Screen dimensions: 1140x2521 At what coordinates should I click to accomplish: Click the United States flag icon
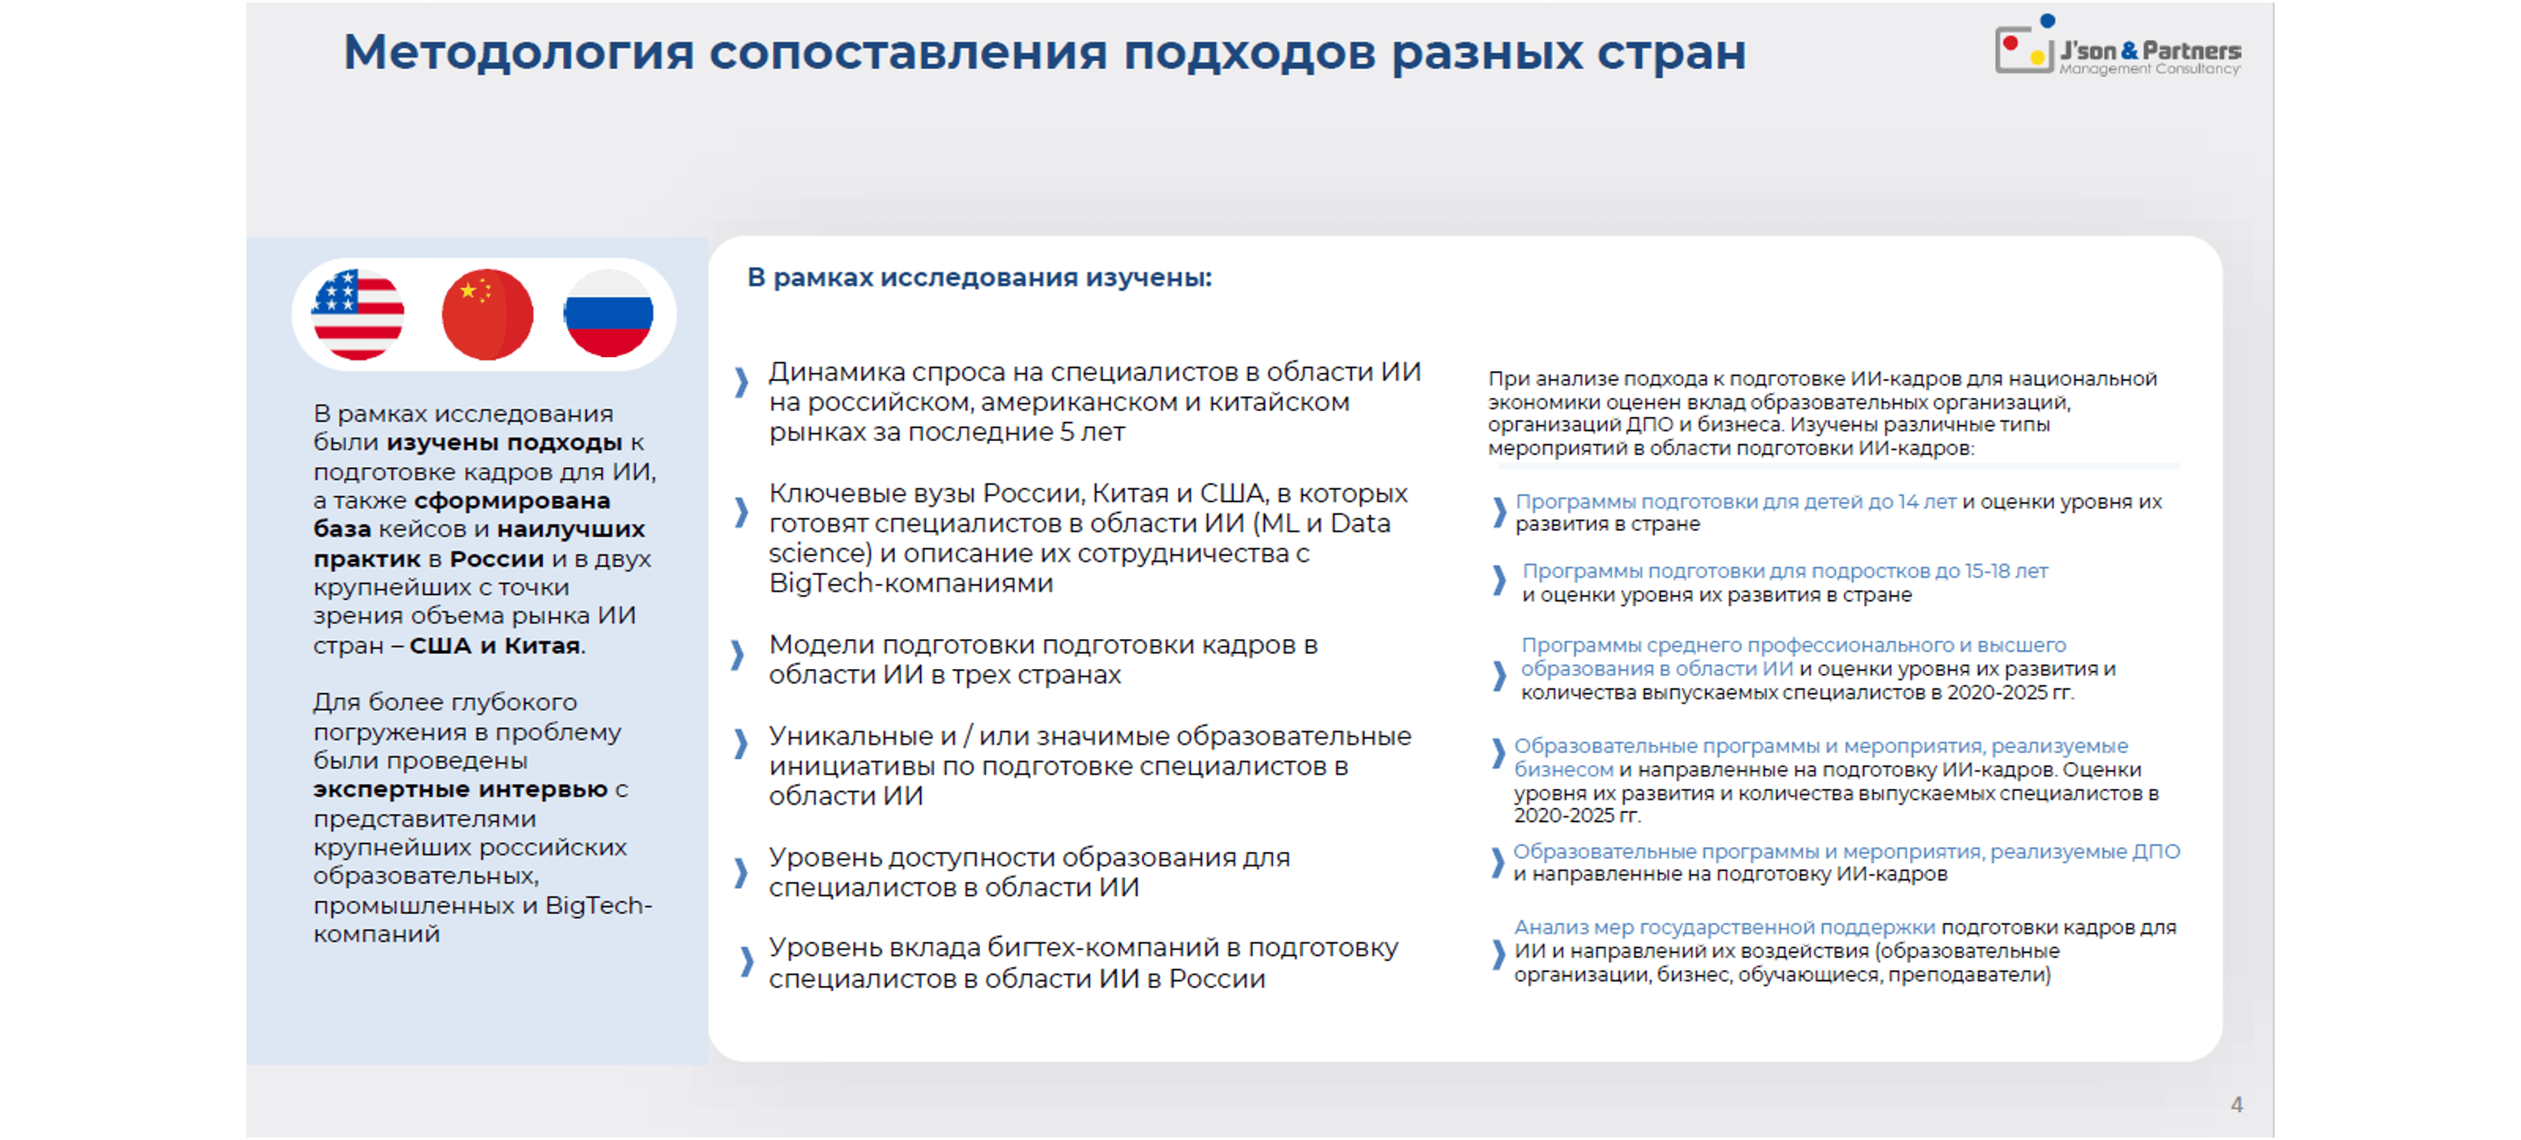357,314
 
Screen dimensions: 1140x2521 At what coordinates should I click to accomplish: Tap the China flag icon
487,314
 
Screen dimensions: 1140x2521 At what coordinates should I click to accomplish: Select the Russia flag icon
609,314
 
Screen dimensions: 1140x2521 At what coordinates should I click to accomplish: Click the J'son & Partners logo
2118,50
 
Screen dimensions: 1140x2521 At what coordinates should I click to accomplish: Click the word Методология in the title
518,53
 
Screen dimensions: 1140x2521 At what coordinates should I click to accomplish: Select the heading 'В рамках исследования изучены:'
978,278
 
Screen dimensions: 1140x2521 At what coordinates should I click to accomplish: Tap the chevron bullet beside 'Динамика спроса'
742,382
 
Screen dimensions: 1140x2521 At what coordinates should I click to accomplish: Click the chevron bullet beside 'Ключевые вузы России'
742,511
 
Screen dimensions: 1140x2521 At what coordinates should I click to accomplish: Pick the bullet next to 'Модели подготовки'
738,655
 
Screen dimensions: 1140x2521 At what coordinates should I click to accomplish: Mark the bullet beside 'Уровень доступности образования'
742,872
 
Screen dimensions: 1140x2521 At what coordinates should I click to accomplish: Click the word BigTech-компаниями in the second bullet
911,584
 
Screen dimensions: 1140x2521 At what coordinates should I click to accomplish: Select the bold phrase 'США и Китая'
495,646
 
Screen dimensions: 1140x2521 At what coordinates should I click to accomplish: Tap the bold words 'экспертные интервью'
460,790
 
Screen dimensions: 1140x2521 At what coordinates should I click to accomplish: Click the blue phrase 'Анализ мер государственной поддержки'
1724,928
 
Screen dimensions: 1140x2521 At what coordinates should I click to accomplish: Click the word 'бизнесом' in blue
1563,770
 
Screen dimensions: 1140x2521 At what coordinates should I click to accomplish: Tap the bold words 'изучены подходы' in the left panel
504,443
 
